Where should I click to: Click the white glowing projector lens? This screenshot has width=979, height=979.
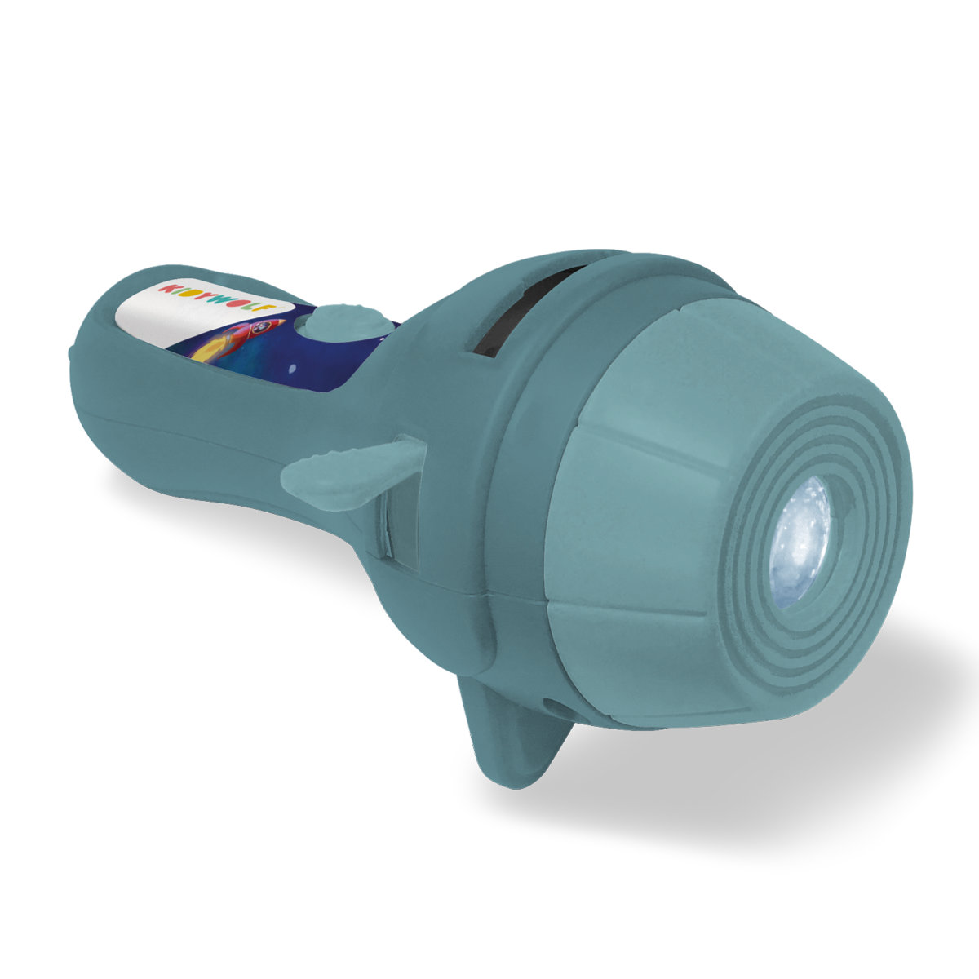point(800,542)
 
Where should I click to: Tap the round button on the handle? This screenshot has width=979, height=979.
point(346,321)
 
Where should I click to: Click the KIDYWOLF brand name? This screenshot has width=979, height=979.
point(218,299)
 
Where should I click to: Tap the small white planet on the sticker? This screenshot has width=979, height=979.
point(293,370)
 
